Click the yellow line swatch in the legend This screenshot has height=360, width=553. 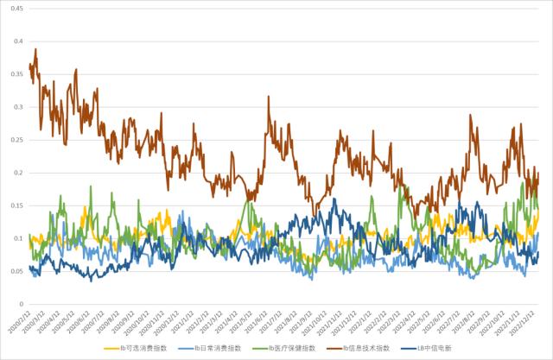(111, 348)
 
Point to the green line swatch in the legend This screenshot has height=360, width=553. (257, 348)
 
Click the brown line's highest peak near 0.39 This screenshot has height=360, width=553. (35, 49)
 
